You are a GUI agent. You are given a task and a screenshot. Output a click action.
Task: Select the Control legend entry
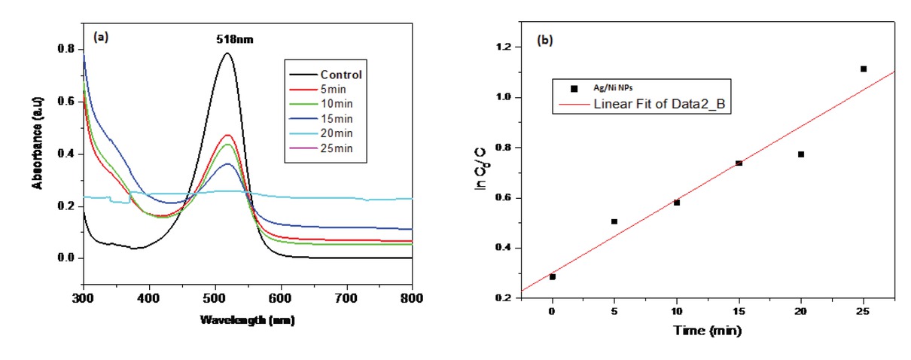[340, 75]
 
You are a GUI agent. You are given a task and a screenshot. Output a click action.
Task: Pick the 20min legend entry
[338, 143]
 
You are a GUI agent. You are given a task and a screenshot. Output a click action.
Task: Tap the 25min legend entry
[338, 157]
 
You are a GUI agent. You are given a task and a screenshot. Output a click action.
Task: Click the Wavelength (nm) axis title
[247, 320]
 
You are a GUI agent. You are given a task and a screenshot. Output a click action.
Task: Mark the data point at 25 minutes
[864, 69]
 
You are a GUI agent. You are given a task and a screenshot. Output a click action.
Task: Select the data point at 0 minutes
[553, 277]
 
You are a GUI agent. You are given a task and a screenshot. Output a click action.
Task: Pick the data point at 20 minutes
[801, 154]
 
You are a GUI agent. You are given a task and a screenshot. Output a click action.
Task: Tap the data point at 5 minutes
[614, 221]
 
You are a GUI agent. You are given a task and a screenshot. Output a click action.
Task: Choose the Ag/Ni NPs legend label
[611, 88]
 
